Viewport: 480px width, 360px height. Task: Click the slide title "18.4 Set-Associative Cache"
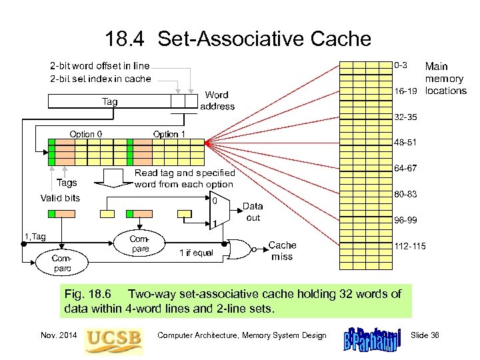tap(238, 39)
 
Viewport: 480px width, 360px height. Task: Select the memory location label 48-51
tap(405, 142)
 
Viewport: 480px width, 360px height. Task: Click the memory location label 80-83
tap(405, 195)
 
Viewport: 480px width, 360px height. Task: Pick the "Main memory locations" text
tap(445, 79)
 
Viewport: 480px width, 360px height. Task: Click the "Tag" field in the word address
tap(108, 101)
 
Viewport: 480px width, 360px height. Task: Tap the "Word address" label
tap(217, 101)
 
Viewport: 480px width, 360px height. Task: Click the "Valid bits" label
tap(60, 198)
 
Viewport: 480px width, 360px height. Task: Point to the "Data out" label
tap(253, 212)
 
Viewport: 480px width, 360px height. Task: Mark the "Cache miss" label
tap(282, 251)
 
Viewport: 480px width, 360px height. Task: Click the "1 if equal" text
tap(197, 253)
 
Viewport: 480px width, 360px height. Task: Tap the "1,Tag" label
tap(35, 236)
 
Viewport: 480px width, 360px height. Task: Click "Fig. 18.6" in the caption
tap(91, 294)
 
